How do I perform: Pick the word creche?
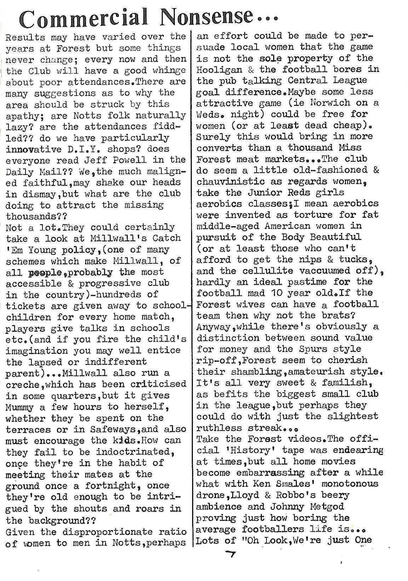pyautogui.click(x=23, y=385)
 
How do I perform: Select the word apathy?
pyautogui.click(x=23, y=115)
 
